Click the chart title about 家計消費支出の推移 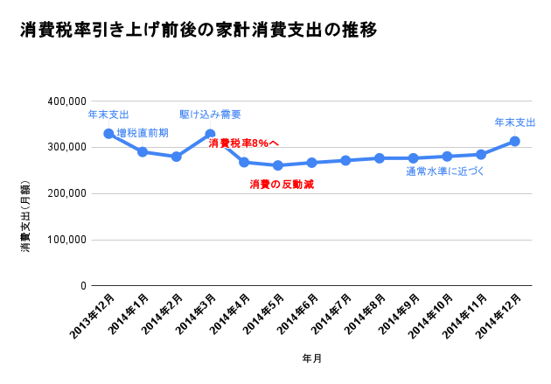[199, 31]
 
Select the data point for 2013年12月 [108, 134]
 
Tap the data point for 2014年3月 [210, 135]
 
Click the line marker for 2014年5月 [278, 165]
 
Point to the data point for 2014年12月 [515, 141]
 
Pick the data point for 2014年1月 [143, 152]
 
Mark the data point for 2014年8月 [380, 158]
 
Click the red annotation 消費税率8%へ [244, 143]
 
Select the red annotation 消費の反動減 [282, 185]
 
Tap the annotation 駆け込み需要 [210, 115]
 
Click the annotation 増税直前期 [143, 133]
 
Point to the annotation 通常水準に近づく [445, 171]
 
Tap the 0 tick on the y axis [83, 286]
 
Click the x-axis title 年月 [311, 359]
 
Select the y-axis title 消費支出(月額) [25, 216]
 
